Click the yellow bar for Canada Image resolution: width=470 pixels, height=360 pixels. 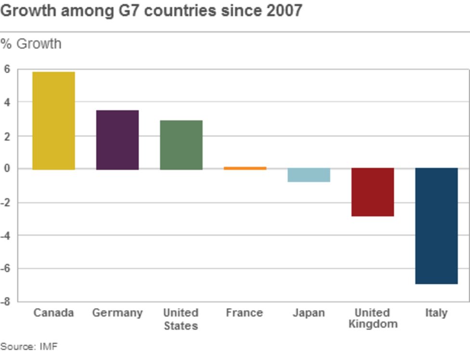click(53, 120)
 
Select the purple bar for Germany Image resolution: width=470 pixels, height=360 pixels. click(117, 140)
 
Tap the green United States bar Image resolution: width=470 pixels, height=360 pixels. click(181, 145)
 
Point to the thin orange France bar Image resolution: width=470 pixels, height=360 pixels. click(245, 168)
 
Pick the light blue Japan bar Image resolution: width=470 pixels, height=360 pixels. click(309, 175)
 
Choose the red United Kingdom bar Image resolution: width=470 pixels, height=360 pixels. click(372, 192)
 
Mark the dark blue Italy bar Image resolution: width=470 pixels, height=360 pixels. click(436, 226)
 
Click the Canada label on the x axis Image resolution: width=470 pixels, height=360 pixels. click(53, 313)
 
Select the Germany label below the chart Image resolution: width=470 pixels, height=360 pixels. click(117, 313)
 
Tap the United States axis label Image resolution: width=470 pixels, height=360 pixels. click(181, 319)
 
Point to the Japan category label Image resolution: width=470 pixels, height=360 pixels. click(309, 313)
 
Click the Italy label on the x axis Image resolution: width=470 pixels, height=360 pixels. click(436, 313)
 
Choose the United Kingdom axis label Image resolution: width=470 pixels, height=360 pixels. click(373, 318)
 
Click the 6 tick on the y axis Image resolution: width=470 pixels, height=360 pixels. click(7, 69)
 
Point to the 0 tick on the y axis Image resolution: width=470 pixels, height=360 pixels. click(7, 169)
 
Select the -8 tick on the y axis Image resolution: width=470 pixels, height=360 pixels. click(5, 302)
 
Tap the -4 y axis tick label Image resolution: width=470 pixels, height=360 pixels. click(5, 235)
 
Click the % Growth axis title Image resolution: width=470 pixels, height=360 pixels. click(31, 44)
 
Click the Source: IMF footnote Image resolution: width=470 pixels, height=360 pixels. click(29, 347)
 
